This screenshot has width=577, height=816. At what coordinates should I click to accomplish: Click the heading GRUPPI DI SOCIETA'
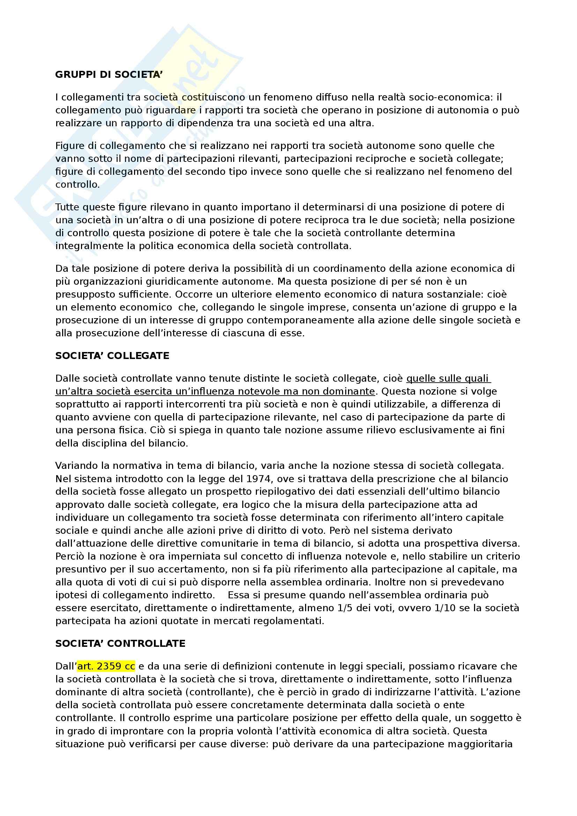click(109, 75)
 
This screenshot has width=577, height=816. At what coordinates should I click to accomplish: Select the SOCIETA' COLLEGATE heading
click(112, 356)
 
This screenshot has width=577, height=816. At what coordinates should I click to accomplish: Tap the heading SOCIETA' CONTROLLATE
click(120, 644)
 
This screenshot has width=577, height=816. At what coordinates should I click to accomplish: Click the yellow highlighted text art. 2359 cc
click(106, 666)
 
